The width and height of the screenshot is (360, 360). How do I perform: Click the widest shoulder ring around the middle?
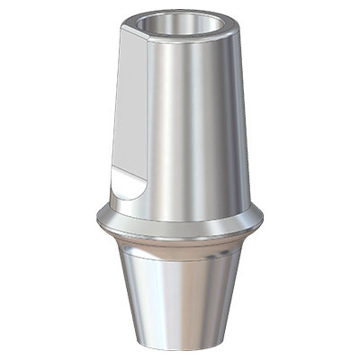click(x=180, y=221)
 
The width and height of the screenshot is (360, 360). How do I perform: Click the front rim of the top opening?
click(x=184, y=38)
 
